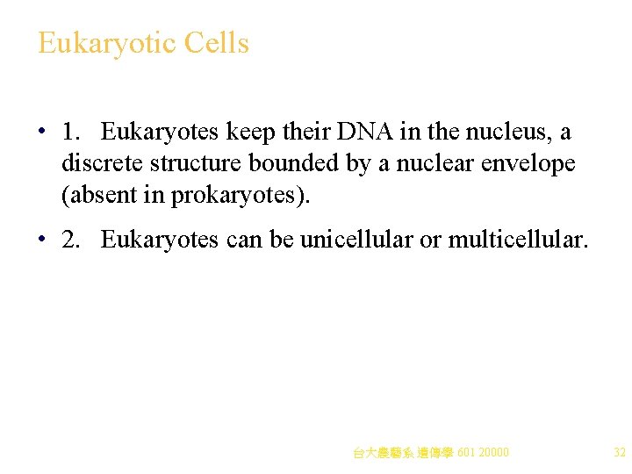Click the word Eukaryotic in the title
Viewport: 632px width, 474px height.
coord(100,43)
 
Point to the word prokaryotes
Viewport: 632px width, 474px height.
coord(237,195)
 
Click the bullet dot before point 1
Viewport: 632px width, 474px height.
coord(41,133)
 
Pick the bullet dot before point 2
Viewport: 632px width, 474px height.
coord(41,240)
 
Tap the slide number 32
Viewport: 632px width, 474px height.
coord(619,453)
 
